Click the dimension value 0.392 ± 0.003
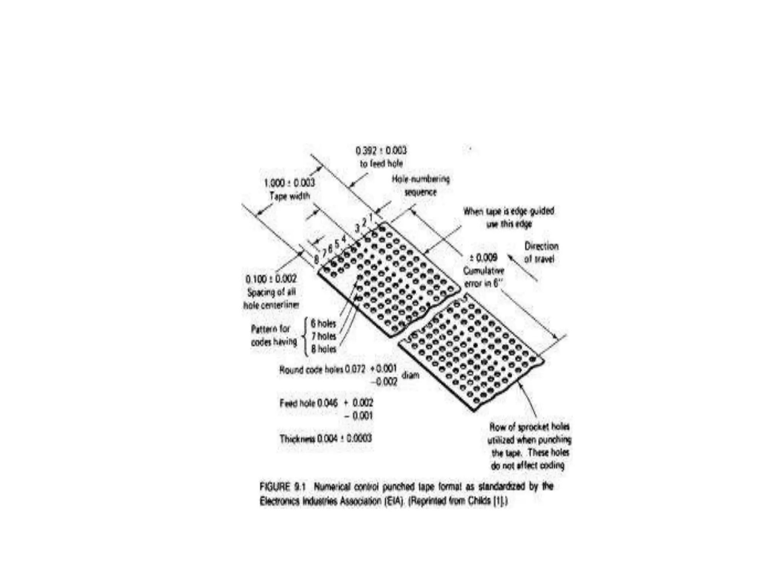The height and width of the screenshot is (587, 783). pos(381,151)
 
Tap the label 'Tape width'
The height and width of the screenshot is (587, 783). pos(289,196)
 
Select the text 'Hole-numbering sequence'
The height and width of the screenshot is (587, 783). pos(421,185)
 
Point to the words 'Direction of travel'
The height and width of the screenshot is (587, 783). pos(541,252)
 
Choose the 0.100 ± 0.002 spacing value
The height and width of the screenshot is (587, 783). pos(271,279)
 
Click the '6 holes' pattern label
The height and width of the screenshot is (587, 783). pos(323,324)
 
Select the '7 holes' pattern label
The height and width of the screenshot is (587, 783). pos(323,336)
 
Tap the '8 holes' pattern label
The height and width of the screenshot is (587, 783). pos(323,349)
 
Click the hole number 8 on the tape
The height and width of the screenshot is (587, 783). pos(316,260)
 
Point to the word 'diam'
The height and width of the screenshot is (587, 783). pos(410,375)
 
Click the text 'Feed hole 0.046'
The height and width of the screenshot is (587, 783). pos(309,403)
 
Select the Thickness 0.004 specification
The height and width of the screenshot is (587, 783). pos(325,438)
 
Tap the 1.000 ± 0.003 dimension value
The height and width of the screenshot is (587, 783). pos(289,183)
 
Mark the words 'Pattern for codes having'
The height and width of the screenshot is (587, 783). pos(274,335)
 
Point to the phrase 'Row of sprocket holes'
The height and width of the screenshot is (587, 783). pos(530,426)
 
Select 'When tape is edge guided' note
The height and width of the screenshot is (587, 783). pos(508,211)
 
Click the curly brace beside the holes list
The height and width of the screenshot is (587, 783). pos(305,336)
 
